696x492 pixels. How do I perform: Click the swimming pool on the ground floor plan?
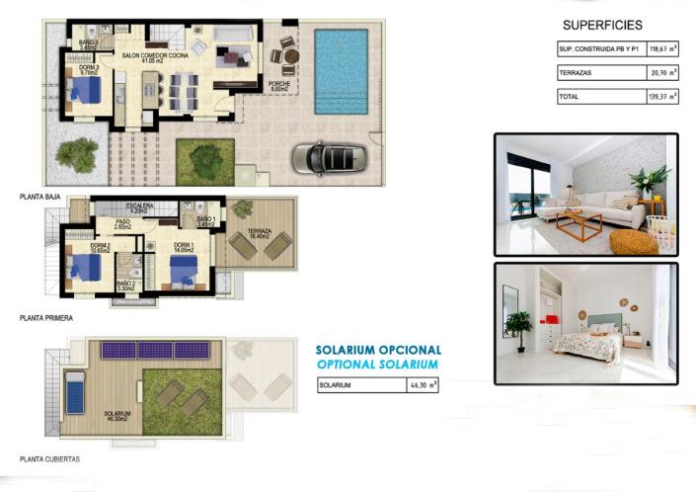pyautogui.click(x=340, y=71)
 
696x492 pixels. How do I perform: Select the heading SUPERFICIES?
pyautogui.click(x=602, y=25)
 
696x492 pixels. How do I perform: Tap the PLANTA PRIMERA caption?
pyautogui.click(x=45, y=318)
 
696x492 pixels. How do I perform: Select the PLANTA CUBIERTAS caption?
pyautogui.click(x=49, y=459)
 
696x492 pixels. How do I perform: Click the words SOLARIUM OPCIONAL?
pyautogui.click(x=378, y=350)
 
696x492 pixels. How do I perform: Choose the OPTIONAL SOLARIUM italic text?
pyautogui.click(x=378, y=365)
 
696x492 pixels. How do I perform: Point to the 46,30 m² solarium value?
pyautogui.click(x=424, y=386)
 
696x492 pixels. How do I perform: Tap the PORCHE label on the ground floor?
pyautogui.click(x=278, y=85)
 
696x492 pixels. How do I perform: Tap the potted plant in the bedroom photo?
pyautogui.click(x=518, y=325)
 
